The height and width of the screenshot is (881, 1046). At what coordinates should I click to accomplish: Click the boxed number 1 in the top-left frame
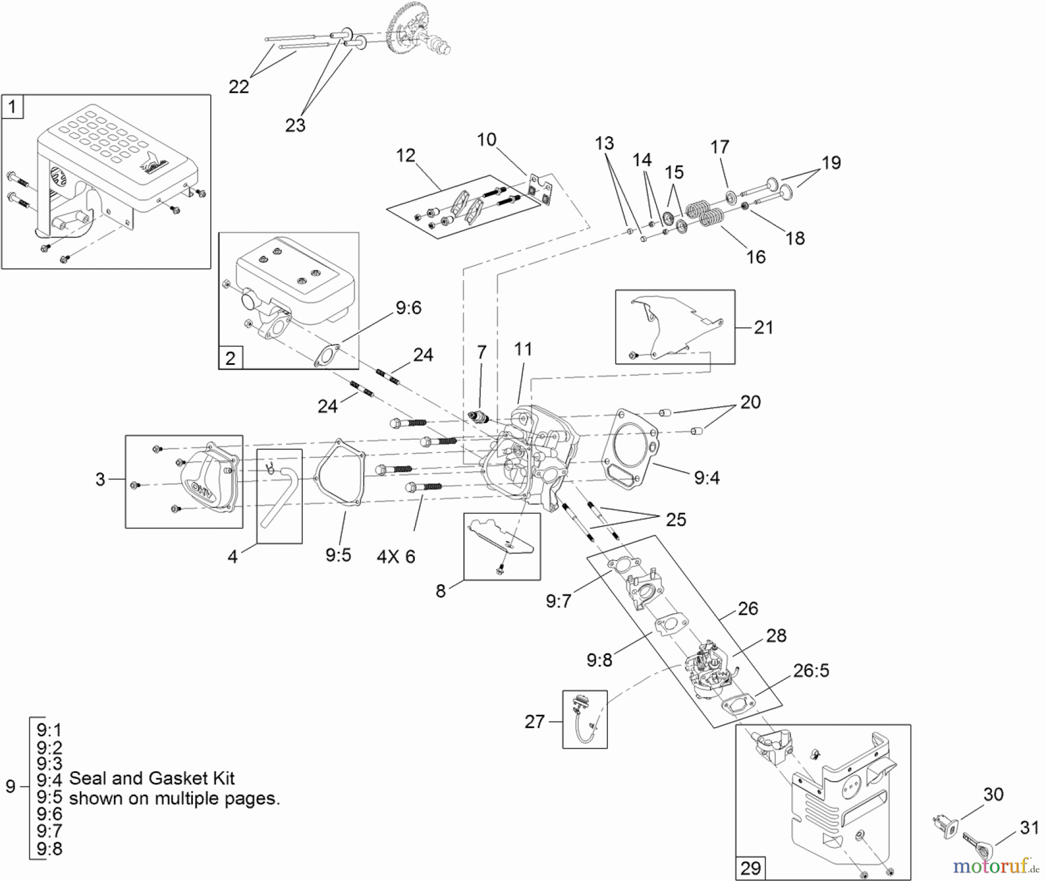coord(12,108)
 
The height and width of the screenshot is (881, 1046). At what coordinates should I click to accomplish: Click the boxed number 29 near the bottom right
coord(750,868)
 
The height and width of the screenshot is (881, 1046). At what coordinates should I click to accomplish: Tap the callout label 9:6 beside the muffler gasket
coord(408,308)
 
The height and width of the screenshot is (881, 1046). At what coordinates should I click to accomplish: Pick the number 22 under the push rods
coord(238,87)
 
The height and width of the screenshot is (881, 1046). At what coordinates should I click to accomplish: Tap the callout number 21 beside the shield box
coord(763,328)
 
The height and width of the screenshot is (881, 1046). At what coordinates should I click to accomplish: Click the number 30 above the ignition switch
coord(993,794)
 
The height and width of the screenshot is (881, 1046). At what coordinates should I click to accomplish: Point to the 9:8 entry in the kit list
coord(49,849)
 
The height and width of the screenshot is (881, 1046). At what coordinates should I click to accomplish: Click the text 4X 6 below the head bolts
coord(396,557)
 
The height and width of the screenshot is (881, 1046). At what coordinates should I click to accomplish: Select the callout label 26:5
coord(811,671)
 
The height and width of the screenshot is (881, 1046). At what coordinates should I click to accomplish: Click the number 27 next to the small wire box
coord(534,722)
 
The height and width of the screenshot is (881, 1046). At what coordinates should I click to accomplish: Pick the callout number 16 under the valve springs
coord(755,257)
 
